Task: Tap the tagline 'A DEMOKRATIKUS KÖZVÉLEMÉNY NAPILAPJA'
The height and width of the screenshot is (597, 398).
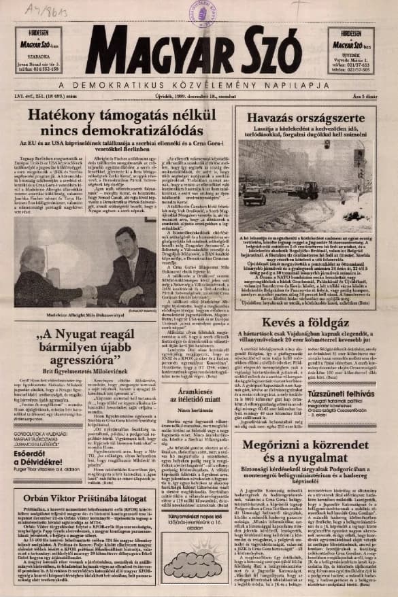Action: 199,84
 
